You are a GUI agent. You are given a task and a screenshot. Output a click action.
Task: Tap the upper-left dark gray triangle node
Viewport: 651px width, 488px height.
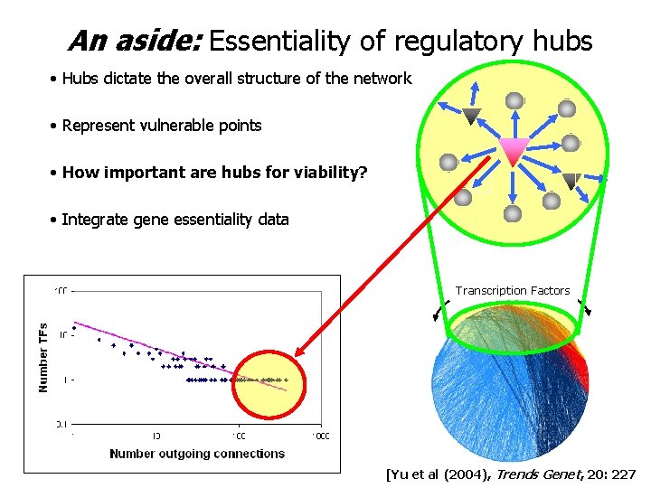click(x=470, y=116)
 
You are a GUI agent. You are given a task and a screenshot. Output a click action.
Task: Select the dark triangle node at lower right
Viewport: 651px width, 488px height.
click(x=570, y=181)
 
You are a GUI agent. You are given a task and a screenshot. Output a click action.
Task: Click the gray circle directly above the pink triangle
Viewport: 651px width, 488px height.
click(x=514, y=100)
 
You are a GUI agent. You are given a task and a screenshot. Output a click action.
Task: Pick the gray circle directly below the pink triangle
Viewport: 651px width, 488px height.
click(x=513, y=213)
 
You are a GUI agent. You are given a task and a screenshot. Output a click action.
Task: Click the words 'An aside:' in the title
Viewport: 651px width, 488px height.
click(x=135, y=41)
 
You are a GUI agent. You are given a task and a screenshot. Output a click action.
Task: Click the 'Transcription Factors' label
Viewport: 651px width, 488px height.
click(x=513, y=290)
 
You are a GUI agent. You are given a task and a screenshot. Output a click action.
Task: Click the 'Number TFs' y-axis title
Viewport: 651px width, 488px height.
click(x=43, y=358)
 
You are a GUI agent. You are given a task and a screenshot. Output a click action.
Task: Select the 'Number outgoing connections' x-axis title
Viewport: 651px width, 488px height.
click(x=197, y=453)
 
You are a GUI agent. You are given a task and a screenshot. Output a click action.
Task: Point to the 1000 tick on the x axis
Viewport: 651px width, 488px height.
click(x=320, y=436)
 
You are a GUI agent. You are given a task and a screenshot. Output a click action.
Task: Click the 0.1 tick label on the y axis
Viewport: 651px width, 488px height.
click(x=61, y=422)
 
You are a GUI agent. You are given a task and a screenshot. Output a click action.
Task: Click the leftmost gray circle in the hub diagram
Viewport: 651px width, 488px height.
click(x=448, y=163)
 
